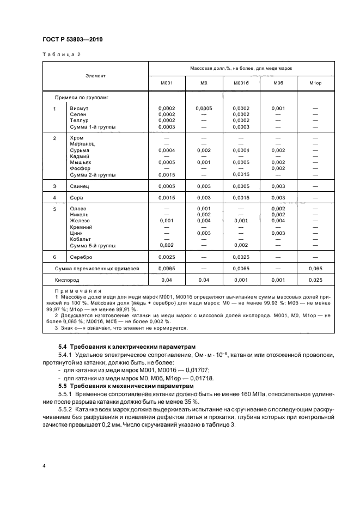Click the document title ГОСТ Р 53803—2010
[x=72, y=40]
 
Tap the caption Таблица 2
[x=61, y=55]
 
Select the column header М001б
[x=241, y=83]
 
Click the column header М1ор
[x=316, y=83]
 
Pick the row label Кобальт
[x=81, y=239]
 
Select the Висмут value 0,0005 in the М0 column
[x=204, y=108]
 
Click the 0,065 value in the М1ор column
[x=316, y=269]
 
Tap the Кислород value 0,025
[x=316, y=280]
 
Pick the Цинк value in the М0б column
[x=278, y=233]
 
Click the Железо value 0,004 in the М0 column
[x=204, y=221]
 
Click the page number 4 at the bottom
[x=42, y=466]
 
